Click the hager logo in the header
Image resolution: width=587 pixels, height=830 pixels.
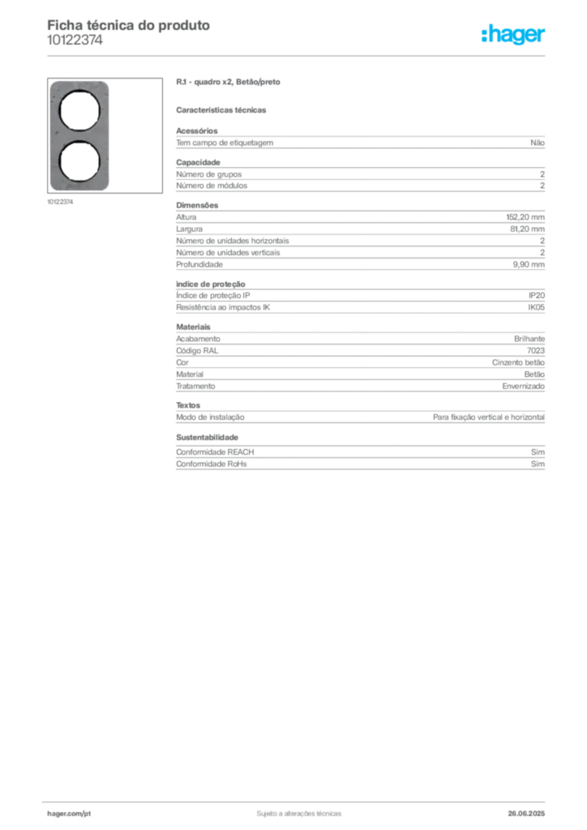[513, 34]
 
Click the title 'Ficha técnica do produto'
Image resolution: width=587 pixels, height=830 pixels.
[129, 25]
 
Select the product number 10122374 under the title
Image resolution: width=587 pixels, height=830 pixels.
[75, 41]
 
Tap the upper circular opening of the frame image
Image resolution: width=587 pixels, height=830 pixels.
[79, 110]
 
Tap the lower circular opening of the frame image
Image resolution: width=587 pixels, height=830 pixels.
[79, 161]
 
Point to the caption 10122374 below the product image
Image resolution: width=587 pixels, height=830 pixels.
[60, 202]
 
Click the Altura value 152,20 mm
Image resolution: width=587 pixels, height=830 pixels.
[525, 217]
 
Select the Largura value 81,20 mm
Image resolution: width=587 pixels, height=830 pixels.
[527, 229]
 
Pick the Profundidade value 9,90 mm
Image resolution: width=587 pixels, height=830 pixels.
[529, 264]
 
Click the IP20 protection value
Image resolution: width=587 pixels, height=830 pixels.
[536, 295]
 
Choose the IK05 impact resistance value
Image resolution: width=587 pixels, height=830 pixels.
[536, 307]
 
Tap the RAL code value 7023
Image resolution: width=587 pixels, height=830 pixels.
[536, 350]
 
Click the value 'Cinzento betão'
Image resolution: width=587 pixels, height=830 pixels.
[518, 362]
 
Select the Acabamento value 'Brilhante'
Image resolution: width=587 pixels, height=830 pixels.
[529, 339]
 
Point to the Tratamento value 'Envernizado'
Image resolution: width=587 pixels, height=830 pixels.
[524, 386]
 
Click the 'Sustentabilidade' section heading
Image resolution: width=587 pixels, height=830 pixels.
[207, 437]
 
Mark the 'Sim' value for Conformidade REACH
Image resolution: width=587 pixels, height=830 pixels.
[538, 452]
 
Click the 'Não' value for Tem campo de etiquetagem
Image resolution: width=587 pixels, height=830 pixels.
[538, 143]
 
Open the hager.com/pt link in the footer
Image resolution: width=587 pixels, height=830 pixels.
[69, 814]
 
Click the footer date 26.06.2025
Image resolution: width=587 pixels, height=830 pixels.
[526, 814]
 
